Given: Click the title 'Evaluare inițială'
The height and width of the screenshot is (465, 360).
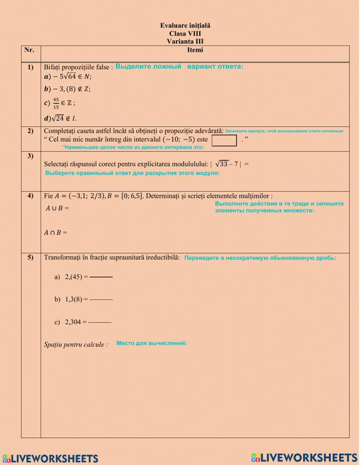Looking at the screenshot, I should [x=185, y=26].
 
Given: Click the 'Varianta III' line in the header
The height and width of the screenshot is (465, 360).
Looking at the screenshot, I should [x=185, y=41].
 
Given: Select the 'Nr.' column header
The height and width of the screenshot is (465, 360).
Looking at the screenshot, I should [x=30, y=50].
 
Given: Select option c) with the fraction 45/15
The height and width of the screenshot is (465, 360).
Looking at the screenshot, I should [x=59, y=103].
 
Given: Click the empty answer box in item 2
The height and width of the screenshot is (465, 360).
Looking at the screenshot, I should [x=224, y=140].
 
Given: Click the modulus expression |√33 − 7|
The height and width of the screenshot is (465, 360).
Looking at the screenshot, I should [x=229, y=164].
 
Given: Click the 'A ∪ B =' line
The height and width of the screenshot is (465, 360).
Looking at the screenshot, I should [x=56, y=208].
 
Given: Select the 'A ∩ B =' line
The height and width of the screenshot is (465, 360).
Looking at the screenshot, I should [x=56, y=232].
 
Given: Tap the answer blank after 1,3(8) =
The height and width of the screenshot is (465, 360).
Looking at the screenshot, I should [x=101, y=299].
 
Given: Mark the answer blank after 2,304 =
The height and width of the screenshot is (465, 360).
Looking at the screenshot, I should [x=100, y=321].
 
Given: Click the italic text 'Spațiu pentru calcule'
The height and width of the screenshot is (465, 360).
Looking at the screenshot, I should [x=75, y=345].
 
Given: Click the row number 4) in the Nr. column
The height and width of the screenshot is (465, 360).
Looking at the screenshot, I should [x=30, y=196].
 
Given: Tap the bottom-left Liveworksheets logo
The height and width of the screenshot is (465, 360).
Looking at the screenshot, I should [x=51, y=458].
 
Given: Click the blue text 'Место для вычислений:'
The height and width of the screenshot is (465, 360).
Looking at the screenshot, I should [x=152, y=344].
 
